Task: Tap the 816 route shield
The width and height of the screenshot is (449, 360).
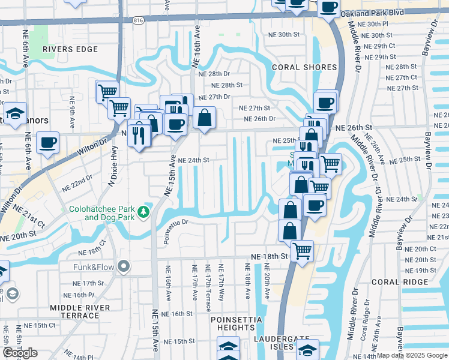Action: (139, 20)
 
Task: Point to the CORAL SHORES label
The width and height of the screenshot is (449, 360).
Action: (298, 67)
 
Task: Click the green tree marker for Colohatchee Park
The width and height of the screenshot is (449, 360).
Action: (143, 211)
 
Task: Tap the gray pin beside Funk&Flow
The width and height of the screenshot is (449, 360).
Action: (124, 265)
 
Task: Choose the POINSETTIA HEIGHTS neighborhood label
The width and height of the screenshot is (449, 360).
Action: (233, 323)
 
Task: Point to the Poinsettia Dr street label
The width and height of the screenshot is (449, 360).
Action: (185, 222)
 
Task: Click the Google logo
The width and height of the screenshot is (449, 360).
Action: (20, 353)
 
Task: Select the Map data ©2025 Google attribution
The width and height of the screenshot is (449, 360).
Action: (412, 355)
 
